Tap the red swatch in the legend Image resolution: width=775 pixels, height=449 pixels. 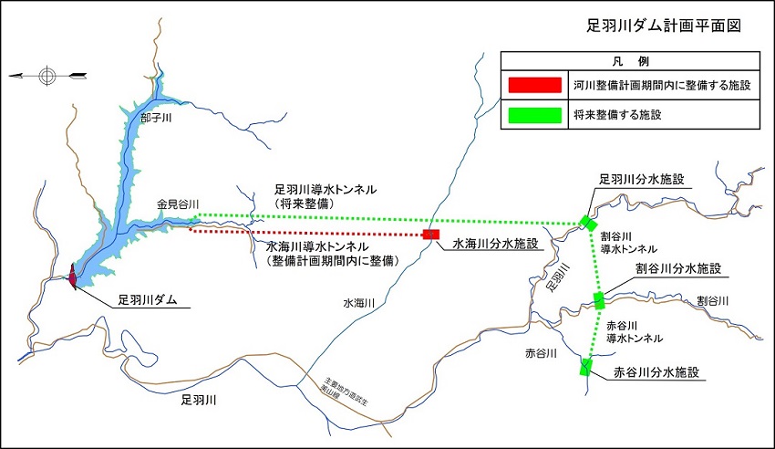534,85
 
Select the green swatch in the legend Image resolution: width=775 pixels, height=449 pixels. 534,115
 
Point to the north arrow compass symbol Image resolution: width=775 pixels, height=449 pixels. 47,74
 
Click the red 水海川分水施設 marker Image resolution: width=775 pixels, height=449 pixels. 431,235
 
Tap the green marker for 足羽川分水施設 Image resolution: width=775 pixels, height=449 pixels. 589,223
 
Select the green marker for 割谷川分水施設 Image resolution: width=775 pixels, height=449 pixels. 599,299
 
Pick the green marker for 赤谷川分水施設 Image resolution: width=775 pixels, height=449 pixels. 585,367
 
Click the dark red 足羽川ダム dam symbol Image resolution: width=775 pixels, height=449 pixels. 73,276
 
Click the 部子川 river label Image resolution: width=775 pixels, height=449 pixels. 156,118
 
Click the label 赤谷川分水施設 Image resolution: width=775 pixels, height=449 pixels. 656,372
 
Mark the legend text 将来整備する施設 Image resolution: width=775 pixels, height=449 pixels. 624,116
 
